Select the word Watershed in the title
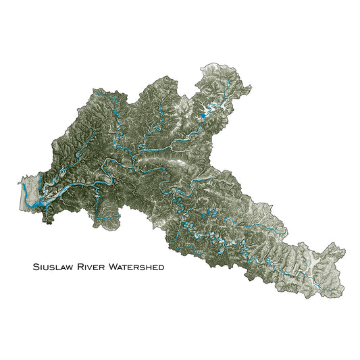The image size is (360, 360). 136,267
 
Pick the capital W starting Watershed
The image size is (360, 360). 113,267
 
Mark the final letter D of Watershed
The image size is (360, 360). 161,267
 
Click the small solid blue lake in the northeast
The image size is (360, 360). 203,119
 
